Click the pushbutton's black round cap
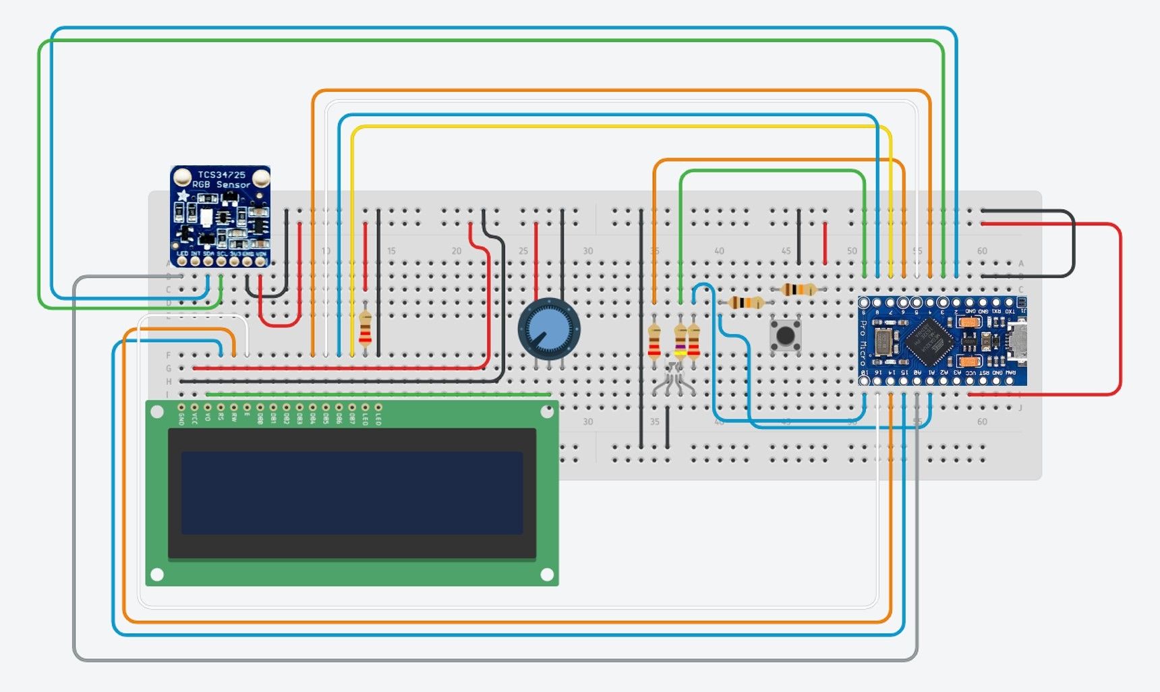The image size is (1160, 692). [785, 335]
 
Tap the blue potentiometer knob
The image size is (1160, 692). [548, 329]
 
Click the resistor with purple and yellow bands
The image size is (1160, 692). [680, 341]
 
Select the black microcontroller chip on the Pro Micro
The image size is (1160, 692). [929, 339]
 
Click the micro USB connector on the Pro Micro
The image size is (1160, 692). [1018, 341]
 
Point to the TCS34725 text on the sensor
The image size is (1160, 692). [221, 175]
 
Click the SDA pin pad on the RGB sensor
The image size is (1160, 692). [208, 260]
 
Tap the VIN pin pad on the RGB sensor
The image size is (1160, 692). [260, 260]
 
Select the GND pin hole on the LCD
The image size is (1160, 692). [181, 407]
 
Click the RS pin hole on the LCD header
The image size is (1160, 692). [221, 407]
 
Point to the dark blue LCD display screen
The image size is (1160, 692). [351, 492]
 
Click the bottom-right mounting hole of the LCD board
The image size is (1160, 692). [547, 575]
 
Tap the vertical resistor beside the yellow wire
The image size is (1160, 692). [365, 329]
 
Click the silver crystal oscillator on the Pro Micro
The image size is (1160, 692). [883, 341]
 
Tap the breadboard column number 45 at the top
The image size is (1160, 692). [786, 251]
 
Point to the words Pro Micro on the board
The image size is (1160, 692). [864, 343]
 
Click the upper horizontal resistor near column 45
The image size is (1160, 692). [799, 290]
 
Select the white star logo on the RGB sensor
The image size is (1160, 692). [183, 196]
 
